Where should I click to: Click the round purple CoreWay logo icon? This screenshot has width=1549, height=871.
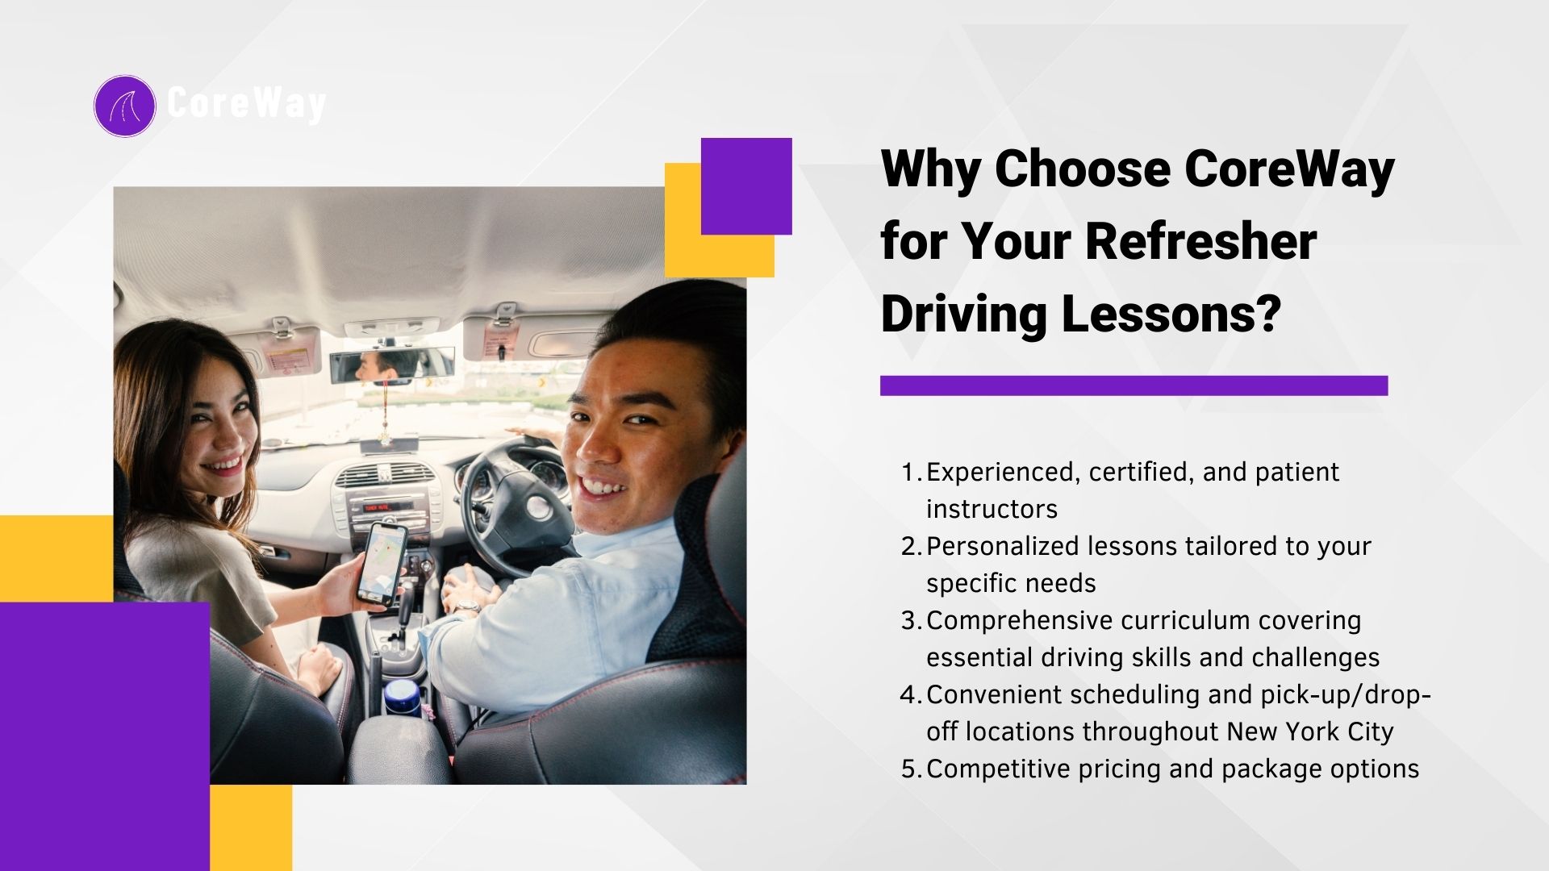coord(124,106)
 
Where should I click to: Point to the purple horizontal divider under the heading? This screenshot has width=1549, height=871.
coord(1134,385)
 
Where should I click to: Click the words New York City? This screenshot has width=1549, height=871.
coord(1310,732)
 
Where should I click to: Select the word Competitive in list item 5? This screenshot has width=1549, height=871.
coord(997,769)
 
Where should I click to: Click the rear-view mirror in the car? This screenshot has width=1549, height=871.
coord(390,365)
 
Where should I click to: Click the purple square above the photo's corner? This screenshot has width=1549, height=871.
coord(746,186)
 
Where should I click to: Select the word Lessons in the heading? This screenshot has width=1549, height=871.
coord(1171,314)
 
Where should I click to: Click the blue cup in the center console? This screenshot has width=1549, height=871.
coord(402,697)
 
